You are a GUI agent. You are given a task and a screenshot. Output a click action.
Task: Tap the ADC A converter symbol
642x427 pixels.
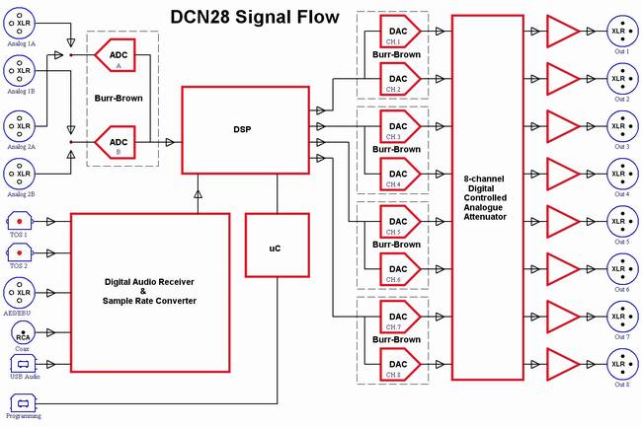pyautogui.click(x=115, y=55)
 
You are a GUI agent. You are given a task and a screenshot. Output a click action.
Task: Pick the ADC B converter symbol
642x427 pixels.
pyautogui.click(x=115, y=142)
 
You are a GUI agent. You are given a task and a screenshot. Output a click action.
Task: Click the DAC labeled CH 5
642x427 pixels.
pyautogui.click(x=400, y=222)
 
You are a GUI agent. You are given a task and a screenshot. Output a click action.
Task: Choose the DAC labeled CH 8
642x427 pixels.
pyautogui.click(x=400, y=364)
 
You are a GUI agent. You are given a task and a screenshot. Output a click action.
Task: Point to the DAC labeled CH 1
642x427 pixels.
pyautogui.click(x=400, y=31)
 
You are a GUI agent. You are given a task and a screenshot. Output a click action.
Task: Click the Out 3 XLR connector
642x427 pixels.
pyautogui.click(x=622, y=126)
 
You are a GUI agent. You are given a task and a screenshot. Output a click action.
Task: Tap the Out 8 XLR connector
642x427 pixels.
pyautogui.click(x=622, y=364)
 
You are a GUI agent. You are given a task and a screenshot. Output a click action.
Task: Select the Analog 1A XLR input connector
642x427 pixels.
pyautogui.click(x=20, y=24)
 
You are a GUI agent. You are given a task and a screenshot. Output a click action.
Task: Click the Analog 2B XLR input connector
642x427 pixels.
pyautogui.click(x=20, y=174)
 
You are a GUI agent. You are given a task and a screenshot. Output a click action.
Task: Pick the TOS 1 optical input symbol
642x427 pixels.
pyautogui.click(x=19, y=222)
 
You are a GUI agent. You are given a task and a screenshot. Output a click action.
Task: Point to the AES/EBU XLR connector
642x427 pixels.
pyautogui.click(x=20, y=293)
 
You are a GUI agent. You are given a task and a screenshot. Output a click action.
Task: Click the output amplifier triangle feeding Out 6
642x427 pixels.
pyautogui.click(x=563, y=269)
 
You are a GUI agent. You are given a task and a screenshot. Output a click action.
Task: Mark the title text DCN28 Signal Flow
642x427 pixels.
pyautogui.click(x=255, y=17)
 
